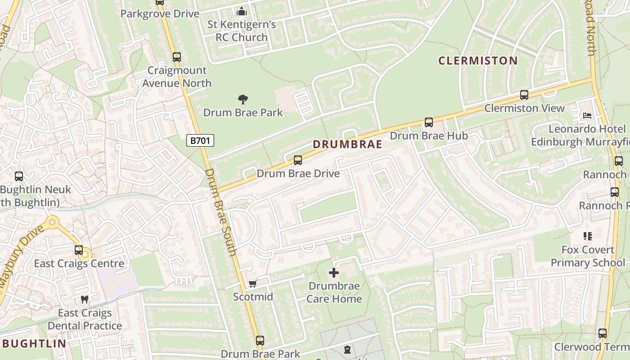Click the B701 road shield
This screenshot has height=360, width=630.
pos(200,140)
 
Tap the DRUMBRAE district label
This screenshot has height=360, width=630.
pos(347,144)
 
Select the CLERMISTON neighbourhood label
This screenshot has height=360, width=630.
pos(478,61)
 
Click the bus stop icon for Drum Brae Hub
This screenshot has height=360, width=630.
pos(429,122)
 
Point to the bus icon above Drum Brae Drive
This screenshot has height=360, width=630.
pos(297,160)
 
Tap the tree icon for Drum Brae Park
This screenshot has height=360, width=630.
pos(243,99)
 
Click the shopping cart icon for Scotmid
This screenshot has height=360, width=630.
pos(252,283)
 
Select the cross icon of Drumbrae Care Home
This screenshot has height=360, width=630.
pos(334,273)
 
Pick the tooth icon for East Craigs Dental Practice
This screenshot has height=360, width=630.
pos(84,299)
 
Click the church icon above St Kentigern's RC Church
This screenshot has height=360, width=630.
pos(241,11)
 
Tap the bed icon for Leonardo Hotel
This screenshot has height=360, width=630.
pos(587,116)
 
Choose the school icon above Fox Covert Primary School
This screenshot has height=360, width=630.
pos(587,236)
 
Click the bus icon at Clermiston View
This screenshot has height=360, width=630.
pos(524,95)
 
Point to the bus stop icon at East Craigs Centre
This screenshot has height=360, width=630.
pos(79,250)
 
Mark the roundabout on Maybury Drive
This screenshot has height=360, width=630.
pos(53,221)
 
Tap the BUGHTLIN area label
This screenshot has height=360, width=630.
pos(35,344)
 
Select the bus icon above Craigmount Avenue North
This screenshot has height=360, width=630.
pos(177,57)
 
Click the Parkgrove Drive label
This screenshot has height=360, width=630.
pos(160,14)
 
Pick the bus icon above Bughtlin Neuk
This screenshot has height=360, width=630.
pos(19,176)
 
